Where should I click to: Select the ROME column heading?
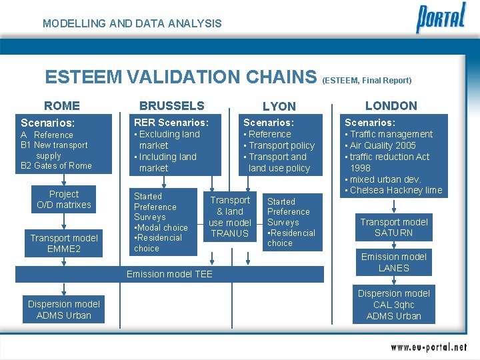click(x=62, y=105)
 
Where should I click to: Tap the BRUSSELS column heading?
click(x=171, y=105)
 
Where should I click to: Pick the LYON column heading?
click(x=279, y=106)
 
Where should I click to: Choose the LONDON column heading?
click(x=391, y=105)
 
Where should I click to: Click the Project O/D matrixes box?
click(x=64, y=199)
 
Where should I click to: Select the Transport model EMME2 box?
click(x=64, y=243)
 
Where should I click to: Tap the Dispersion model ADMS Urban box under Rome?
click(x=64, y=309)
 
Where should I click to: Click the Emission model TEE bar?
click(x=169, y=274)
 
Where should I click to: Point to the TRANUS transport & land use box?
click(x=230, y=217)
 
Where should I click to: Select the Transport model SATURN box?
click(x=394, y=227)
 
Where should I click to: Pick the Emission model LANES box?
click(x=394, y=262)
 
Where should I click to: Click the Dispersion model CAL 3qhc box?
click(x=394, y=305)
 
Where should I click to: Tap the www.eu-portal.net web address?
click(x=429, y=347)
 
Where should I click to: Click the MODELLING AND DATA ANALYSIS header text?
click(x=132, y=23)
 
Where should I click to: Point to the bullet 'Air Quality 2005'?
click(x=383, y=145)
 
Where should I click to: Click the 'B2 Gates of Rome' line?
click(x=57, y=165)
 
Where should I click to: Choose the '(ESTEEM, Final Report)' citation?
click(x=367, y=81)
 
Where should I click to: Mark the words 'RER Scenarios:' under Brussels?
click(x=171, y=122)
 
